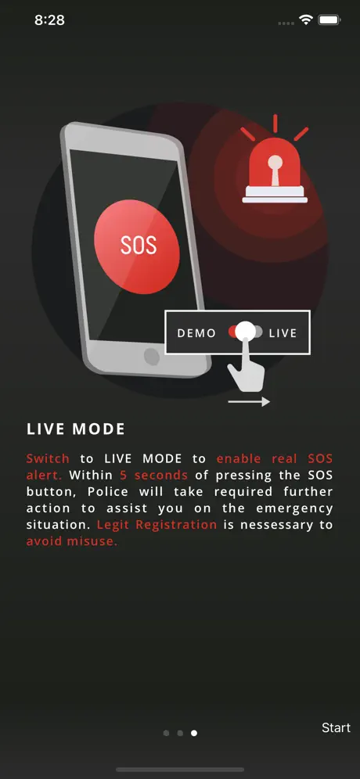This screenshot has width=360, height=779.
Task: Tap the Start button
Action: click(336, 727)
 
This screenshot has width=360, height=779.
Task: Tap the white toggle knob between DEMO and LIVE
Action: click(245, 332)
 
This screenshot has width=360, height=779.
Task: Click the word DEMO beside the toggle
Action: click(197, 333)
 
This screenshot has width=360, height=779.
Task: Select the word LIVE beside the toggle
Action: click(283, 333)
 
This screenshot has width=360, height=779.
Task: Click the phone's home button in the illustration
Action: click(151, 356)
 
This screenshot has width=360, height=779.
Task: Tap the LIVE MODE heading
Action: click(76, 429)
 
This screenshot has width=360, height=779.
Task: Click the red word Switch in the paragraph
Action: click(48, 458)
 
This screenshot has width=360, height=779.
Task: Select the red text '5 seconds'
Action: click(153, 475)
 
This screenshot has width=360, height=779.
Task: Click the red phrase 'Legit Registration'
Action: click(157, 525)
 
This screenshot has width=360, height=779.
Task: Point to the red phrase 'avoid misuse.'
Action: click(72, 541)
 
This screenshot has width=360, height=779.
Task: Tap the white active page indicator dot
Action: click(194, 733)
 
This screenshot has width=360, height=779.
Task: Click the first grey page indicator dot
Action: click(166, 733)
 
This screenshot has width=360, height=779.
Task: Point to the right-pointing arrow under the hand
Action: click(249, 401)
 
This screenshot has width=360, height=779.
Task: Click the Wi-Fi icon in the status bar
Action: click(305, 20)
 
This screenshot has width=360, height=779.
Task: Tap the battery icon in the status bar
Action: click(329, 20)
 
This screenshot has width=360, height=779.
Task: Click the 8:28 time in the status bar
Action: click(50, 20)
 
